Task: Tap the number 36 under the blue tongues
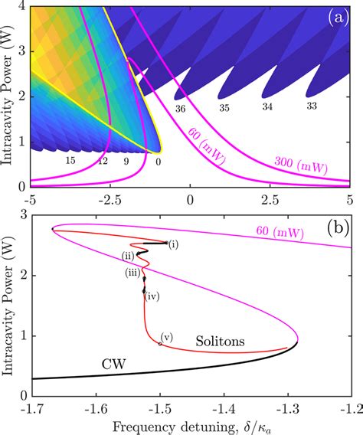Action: (x=180, y=110)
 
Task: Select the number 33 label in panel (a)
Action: (x=312, y=105)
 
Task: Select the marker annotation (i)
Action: (x=173, y=244)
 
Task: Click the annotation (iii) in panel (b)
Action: (x=133, y=272)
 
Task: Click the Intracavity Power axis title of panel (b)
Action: (x=8, y=306)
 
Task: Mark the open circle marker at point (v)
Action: (x=160, y=344)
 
